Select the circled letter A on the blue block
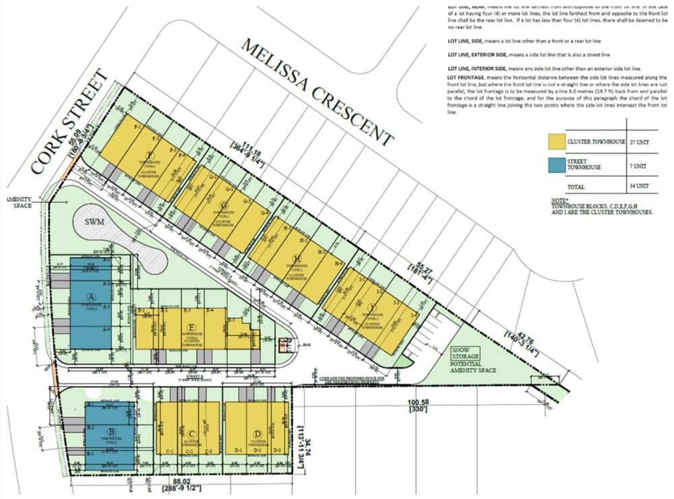click(92, 296)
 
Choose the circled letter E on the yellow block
click(183, 328)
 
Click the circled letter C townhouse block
click(192, 434)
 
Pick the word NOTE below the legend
click(556, 200)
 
